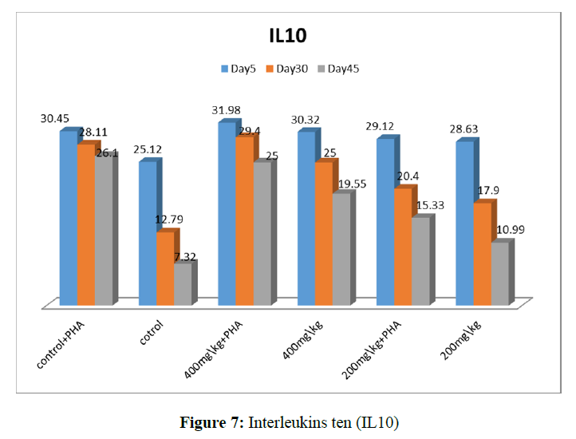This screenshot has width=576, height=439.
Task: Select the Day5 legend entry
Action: (x=238, y=69)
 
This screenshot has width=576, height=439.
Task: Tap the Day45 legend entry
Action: (x=338, y=69)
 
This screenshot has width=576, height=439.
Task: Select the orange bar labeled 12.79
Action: (x=164, y=267)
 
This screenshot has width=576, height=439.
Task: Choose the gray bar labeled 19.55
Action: (x=340, y=248)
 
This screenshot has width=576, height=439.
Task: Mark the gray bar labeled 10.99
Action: (x=498, y=273)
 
